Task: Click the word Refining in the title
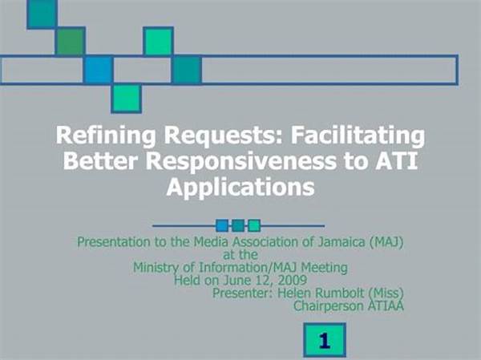(106, 136)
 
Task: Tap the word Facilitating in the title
(358, 136)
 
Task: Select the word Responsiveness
(241, 161)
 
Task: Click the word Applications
(240, 187)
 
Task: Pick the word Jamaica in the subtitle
(342, 242)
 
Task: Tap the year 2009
(292, 280)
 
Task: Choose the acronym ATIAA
(386, 305)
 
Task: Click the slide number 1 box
(325, 340)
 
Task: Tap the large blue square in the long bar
(98, 70)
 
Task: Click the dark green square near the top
(70, 42)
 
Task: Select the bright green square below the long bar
(127, 98)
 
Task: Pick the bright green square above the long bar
(158, 42)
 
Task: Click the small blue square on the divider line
(222, 225)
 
